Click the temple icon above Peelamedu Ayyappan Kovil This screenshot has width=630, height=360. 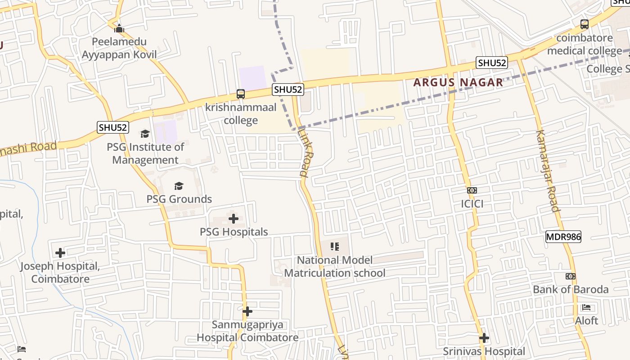[x=119, y=28]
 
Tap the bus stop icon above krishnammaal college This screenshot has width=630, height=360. [x=241, y=94]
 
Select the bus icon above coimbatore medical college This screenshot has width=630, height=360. [x=585, y=24]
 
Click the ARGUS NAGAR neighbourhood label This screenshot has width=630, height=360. [x=458, y=82]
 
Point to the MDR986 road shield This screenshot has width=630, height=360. [x=563, y=236]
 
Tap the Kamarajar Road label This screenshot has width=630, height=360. [x=548, y=171]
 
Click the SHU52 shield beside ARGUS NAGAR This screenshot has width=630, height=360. [x=492, y=63]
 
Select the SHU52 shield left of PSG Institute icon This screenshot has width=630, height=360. [x=113, y=127]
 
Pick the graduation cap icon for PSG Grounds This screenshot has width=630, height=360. [x=179, y=186]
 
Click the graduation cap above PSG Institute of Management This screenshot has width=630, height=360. [x=145, y=134]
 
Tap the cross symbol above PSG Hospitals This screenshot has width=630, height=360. [x=234, y=219]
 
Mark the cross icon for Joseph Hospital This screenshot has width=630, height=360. [x=60, y=253]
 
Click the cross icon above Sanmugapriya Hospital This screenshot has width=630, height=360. [x=247, y=311]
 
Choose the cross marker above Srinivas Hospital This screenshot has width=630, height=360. [x=484, y=338]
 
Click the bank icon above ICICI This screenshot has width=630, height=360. [x=472, y=190]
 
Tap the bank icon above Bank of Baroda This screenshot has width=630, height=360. [x=571, y=276]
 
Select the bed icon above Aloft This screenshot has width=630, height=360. [x=586, y=308]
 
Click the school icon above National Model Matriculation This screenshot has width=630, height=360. [x=334, y=246]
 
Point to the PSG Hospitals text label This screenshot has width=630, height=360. [x=234, y=232]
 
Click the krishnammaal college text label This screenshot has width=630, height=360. [x=241, y=114]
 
